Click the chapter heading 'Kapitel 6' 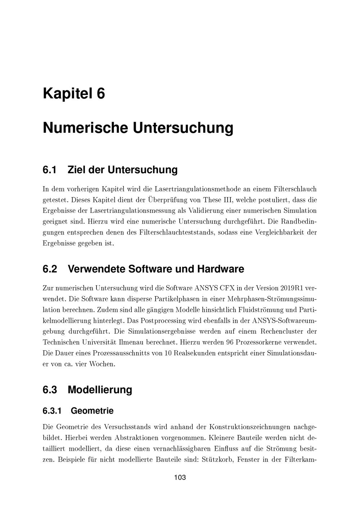pyautogui.click(x=74, y=94)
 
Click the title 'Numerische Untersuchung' pyautogui.click(x=138, y=128)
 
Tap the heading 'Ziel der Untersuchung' pyautogui.click(x=122, y=170)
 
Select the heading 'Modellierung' pyautogui.click(x=100, y=389)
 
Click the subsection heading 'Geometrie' pyautogui.click(x=92, y=411)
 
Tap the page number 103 pyautogui.click(x=180, y=478)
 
